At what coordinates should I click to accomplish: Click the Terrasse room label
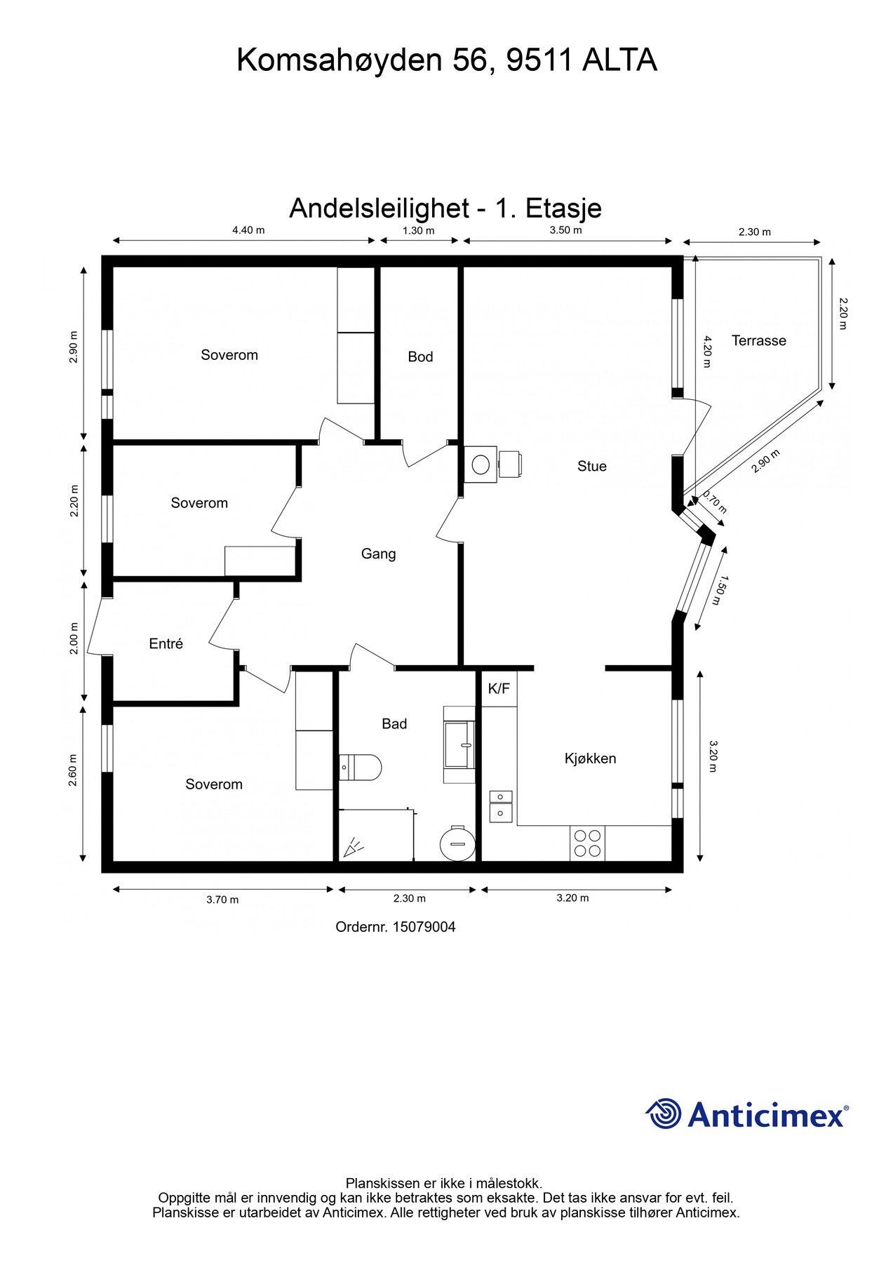pos(758,341)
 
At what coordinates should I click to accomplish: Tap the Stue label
pos(591,467)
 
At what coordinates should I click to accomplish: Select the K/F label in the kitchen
pos(499,689)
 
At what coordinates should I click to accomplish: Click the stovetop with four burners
pos(587,843)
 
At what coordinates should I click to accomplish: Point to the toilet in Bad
pos(361,767)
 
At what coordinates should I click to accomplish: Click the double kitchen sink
pos(501,806)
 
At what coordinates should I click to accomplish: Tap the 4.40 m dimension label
pos(248,230)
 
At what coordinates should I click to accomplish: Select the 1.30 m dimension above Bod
pos(418,230)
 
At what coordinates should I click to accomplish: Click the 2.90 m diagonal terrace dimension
pos(765,461)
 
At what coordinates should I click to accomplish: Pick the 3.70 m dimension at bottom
pos(222,900)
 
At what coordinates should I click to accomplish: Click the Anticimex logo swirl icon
pos(664,1114)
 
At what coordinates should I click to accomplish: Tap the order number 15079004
pos(424,927)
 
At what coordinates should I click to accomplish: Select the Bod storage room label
pos(420,357)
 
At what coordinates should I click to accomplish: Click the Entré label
pos(166,644)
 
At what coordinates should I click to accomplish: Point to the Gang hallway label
pos(378,554)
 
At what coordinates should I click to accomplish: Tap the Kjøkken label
pos(590,759)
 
